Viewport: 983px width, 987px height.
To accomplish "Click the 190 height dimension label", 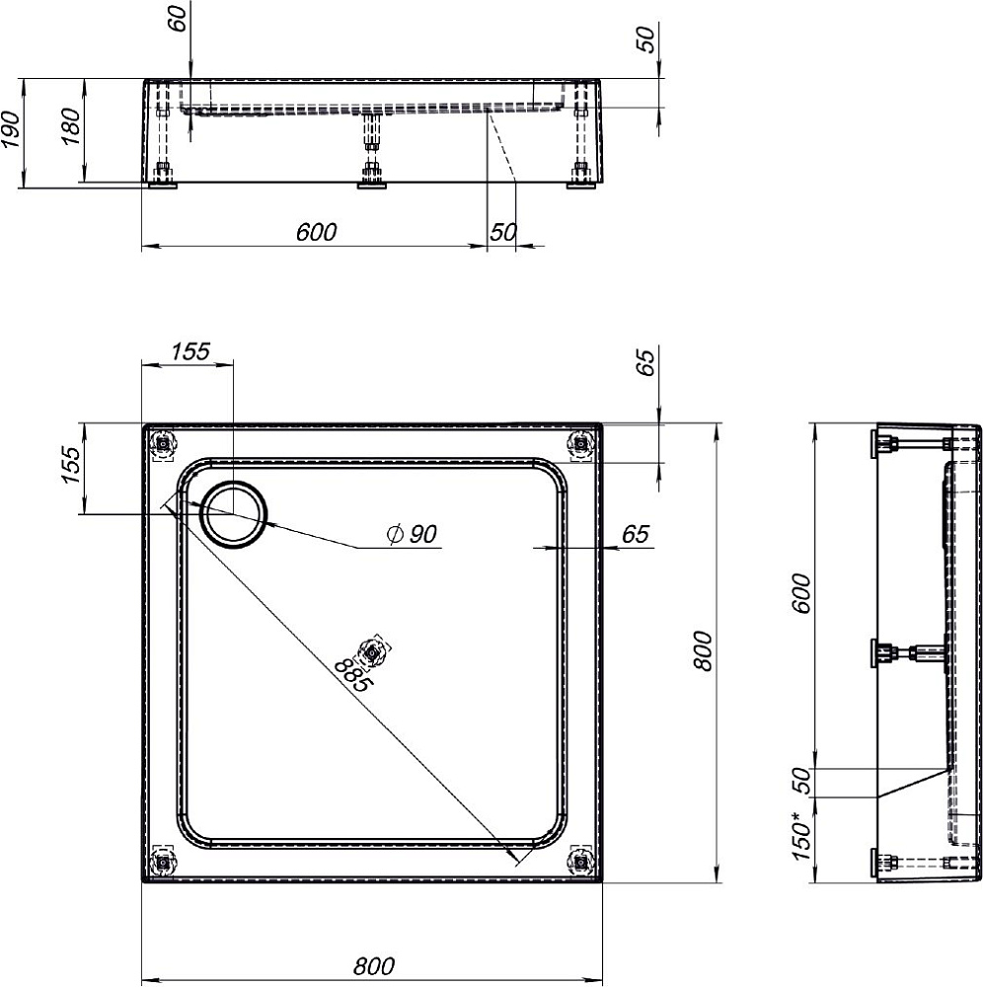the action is pyautogui.click(x=12, y=129).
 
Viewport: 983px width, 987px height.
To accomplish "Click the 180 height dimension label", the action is pyautogui.click(x=70, y=126).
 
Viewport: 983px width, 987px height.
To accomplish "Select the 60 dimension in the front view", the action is pyautogui.click(x=178, y=18).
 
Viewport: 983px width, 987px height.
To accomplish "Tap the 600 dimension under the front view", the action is pyautogui.click(x=316, y=232).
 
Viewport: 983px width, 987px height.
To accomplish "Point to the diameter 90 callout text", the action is pyautogui.click(x=413, y=534).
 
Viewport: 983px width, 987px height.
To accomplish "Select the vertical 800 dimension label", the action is pyautogui.click(x=703, y=651).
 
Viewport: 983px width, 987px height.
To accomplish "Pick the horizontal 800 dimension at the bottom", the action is pyautogui.click(x=374, y=965).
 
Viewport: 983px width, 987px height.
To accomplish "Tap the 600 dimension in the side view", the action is pyautogui.click(x=801, y=593).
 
